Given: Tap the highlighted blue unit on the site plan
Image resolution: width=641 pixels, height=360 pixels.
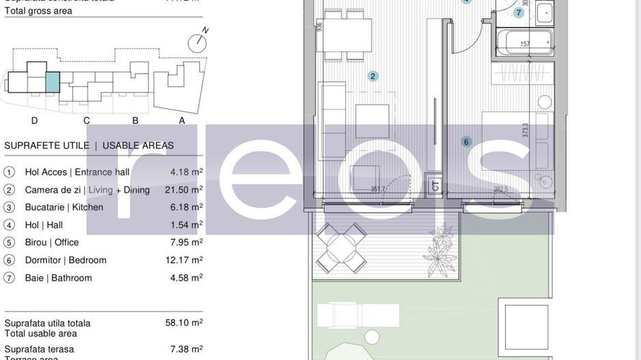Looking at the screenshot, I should click(x=53, y=82).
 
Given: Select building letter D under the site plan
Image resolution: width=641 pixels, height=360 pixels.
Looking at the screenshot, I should click(x=34, y=121).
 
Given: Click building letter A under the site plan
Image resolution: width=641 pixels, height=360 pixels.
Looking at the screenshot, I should click(x=182, y=121).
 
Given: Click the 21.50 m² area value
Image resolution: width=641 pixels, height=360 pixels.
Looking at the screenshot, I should click(x=187, y=189).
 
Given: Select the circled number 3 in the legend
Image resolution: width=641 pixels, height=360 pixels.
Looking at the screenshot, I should click(x=10, y=207).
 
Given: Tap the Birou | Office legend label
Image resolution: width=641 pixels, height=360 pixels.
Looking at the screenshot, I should click(x=52, y=243).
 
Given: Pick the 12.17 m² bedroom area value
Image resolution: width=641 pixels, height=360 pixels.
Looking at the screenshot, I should click(x=187, y=260).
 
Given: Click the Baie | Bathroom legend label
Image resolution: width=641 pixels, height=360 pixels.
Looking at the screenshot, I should click(x=58, y=278).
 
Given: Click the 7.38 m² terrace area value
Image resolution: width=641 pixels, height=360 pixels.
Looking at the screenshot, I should click(x=187, y=349).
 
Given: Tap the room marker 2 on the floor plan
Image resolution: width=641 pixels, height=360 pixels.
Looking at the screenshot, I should click(x=373, y=76).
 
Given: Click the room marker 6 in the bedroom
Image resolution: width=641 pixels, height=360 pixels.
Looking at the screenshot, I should click(x=467, y=142).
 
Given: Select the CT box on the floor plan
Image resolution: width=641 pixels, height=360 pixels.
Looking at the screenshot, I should click(x=435, y=184).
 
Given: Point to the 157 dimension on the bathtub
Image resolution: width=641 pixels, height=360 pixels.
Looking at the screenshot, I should click(x=525, y=44).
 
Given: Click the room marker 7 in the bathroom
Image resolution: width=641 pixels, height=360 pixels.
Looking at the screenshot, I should click(x=519, y=12).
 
